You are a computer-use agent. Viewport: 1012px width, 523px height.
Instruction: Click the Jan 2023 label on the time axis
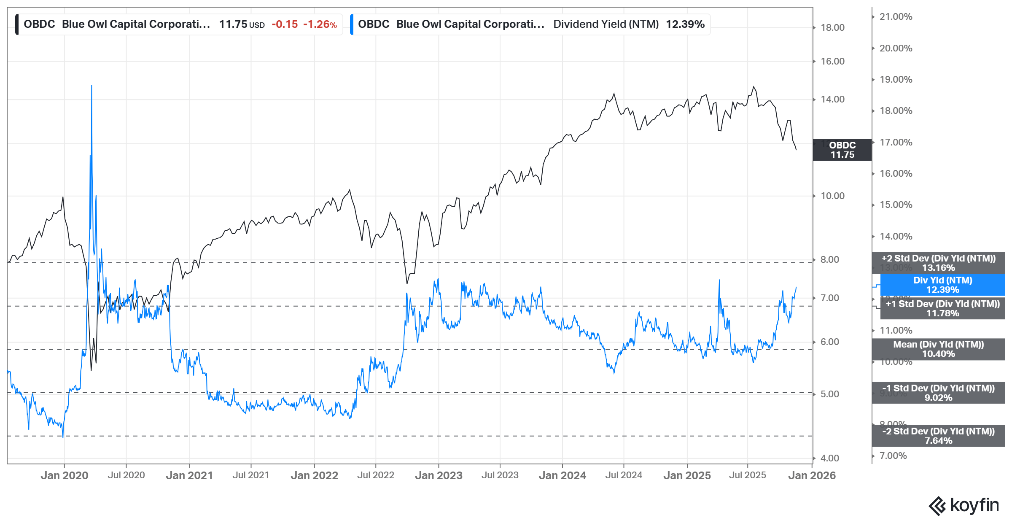439,475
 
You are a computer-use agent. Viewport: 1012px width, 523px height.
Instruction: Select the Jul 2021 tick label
251,475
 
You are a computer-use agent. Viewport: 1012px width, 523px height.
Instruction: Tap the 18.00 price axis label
832,28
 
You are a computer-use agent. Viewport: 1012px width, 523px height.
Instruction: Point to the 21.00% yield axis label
896,17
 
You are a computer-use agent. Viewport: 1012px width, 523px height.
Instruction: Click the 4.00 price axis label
829,458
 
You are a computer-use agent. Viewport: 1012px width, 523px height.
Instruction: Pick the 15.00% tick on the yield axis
896,205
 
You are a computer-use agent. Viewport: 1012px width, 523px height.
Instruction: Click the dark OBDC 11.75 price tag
842,150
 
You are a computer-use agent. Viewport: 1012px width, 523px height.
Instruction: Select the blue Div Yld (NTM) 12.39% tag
942,285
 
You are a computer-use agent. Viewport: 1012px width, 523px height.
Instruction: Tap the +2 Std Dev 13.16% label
938,263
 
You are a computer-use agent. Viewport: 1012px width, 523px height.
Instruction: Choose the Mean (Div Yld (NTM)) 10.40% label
938,349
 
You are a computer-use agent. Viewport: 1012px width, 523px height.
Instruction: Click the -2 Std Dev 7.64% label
938,436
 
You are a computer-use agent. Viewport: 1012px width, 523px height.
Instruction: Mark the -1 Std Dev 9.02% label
938,393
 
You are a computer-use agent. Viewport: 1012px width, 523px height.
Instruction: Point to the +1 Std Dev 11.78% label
942,308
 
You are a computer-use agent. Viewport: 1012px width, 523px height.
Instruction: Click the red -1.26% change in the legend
320,24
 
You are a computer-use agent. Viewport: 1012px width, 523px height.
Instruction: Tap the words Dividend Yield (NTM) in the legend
606,24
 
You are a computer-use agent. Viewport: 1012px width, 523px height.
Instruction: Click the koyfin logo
964,505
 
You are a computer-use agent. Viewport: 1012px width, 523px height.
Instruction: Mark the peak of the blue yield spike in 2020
92,86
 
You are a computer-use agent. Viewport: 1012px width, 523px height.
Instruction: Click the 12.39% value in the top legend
685,24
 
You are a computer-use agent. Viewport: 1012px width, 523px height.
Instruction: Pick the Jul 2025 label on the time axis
748,475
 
